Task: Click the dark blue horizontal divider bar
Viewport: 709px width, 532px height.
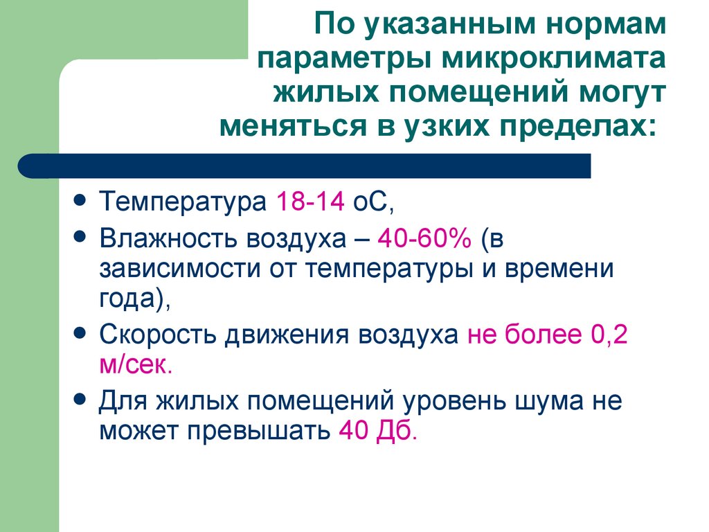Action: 305,166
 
